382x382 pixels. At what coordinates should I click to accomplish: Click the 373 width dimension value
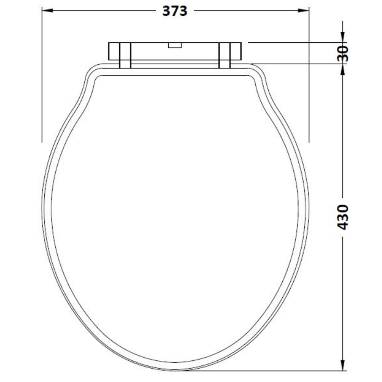(x=175, y=11)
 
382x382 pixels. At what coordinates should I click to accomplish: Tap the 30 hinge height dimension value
(x=343, y=53)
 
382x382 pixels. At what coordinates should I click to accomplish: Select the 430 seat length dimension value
(x=343, y=217)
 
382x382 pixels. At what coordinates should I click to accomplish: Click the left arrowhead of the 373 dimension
(x=47, y=11)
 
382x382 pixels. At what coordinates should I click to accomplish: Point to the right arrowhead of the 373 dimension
(x=303, y=11)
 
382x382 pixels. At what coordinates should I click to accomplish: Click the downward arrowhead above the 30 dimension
(x=343, y=37)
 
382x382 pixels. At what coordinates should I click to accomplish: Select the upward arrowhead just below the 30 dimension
(x=343, y=69)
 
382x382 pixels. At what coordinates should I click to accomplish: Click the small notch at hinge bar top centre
(x=175, y=45)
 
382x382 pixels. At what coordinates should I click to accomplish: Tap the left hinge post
(x=125, y=55)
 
